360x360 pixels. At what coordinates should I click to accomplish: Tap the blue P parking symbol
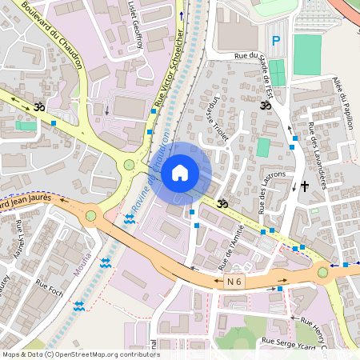click(x=277, y=41)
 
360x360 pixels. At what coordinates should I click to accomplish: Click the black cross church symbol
click(x=304, y=186)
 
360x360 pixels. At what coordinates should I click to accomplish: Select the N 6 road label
click(x=234, y=281)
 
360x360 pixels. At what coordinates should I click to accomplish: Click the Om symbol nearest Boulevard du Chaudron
click(x=38, y=106)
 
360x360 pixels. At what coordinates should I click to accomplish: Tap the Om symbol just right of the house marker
click(x=223, y=205)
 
